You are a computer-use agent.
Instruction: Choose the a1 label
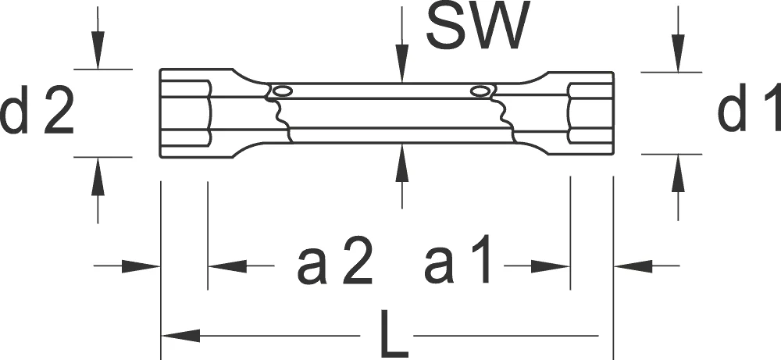[x=457, y=260]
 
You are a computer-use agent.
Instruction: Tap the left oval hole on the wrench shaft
[x=283, y=91]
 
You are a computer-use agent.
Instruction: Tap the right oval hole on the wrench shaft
[x=480, y=91]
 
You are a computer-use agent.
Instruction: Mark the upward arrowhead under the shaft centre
[x=402, y=162]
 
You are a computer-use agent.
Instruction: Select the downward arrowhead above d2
[x=98, y=50]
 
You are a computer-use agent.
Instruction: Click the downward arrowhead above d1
[x=678, y=53]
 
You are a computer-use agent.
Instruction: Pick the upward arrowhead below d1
[x=678, y=173]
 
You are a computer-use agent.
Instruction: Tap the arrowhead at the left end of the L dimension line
[x=181, y=336]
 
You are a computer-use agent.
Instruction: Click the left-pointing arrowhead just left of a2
[x=227, y=266]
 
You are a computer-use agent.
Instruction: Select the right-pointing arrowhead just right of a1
[x=550, y=266]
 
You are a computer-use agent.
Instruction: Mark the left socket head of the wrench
[x=197, y=113]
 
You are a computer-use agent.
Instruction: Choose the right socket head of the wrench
[x=580, y=113]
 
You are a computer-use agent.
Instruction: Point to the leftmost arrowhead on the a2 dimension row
[x=141, y=266]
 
